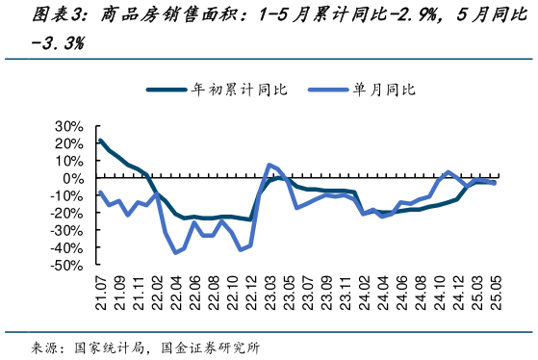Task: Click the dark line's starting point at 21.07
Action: tap(101, 141)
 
